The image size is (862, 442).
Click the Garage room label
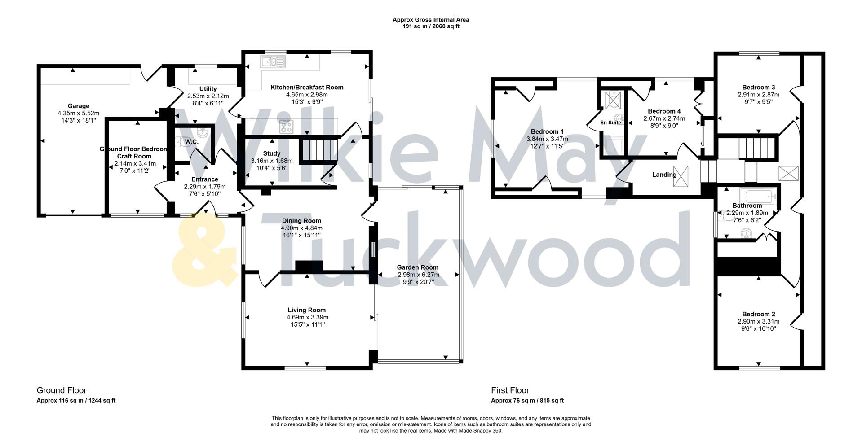pos(78,106)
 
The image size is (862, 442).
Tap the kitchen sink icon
pos(273,61)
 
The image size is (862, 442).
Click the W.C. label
pos(192,142)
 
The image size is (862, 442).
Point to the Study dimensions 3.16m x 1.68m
pos(271,161)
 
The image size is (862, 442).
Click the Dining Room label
pos(301,221)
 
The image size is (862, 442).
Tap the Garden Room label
pos(417,267)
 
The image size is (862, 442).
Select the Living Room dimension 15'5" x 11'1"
pos(307,324)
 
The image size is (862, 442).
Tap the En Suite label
pos(610,123)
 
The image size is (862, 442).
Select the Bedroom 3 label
pos(758,88)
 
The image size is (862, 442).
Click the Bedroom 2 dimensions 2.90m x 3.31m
pos(758,321)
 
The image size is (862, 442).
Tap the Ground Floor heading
pos(61,390)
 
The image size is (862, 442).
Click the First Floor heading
pos(510,390)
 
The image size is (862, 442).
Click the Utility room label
pos(208,89)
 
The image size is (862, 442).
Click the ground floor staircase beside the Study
pos(318,150)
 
